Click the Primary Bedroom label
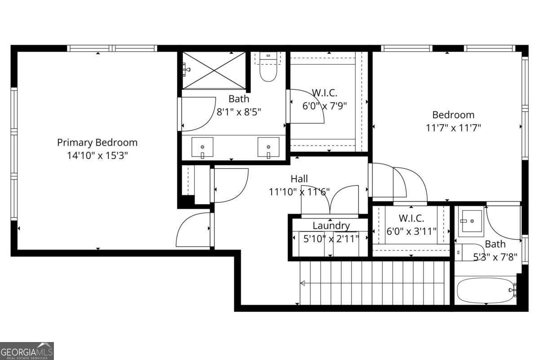[x=97, y=143]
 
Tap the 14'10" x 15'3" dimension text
[x=97, y=156]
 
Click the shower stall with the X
[x=214, y=70]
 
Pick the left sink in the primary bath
[x=203, y=148]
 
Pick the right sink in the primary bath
[x=268, y=148]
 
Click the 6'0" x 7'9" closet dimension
[x=325, y=105]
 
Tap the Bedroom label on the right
[x=453, y=115]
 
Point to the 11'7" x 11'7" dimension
[x=453, y=127]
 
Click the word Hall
[x=299, y=179]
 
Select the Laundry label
[x=331, y=226]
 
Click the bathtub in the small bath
[x=485, y=290]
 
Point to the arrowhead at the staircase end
[x=303, y=283]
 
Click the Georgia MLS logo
[x=27, y=351]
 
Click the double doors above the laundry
[x=330, y=200]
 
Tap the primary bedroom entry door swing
[x=193, y=230]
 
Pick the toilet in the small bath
[x=468, y=252]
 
